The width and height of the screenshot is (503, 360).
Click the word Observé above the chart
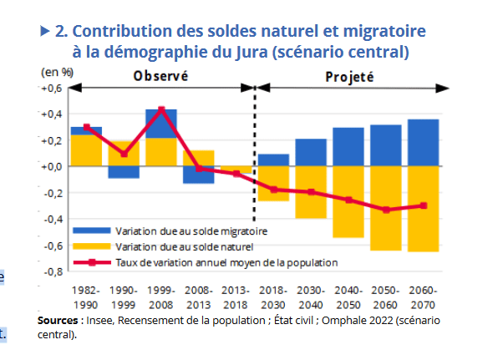click(x=160, y=77)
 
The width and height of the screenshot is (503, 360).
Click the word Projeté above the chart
click(x=349, y=77)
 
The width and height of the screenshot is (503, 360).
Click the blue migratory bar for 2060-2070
click(x=423, y=143)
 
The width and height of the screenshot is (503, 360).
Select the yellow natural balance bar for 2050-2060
click(x=386, y=209)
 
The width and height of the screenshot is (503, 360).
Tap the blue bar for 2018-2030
click(x=273, y=160)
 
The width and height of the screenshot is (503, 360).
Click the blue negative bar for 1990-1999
click(x=124, y=172)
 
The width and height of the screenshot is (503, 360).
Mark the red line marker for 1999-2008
click(x=161, y=109)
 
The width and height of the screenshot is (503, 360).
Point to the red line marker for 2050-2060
click(x=386, y=210)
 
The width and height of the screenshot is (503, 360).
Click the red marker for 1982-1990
click(x=86, y=128)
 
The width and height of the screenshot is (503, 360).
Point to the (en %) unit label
click(x=57, y=73)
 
